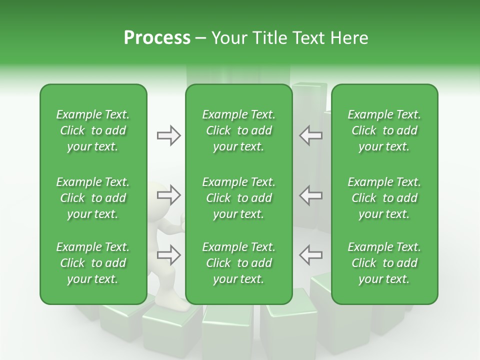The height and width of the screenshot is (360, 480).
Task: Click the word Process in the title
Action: click(157, 38)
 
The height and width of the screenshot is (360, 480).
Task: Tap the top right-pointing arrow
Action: click(168, 135)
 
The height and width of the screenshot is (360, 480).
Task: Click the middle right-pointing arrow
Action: click(168, 195)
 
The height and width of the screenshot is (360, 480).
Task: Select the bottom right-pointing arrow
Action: click(168, 255)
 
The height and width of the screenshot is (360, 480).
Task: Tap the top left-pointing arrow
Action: click(310, 135)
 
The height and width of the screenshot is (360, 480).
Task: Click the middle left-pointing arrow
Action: click(310, 195)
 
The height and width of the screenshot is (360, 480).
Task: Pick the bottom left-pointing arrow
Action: click(310, 255)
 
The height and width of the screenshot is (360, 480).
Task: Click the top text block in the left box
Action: click(93, 130)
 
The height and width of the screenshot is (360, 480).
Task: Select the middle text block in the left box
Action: click(93, 198)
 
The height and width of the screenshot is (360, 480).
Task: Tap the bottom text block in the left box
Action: click(93, 263)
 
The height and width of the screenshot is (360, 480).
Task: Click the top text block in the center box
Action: click(238, 130)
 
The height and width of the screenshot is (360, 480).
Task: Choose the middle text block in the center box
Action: click(238, 198)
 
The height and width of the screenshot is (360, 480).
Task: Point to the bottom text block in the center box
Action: click(238, 263)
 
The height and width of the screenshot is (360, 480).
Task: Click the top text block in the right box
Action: click(384, 130)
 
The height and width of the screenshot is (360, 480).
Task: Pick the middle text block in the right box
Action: click(384, 198)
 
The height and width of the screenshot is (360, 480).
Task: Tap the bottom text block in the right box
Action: click(384, 263)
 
